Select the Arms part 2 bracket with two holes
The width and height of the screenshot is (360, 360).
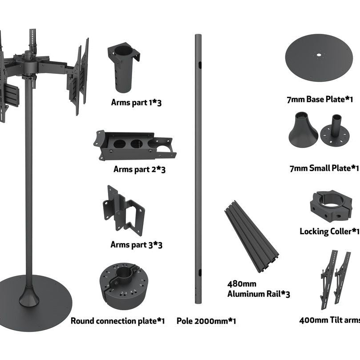(133, 145)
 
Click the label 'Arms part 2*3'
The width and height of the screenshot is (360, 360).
(139, 169)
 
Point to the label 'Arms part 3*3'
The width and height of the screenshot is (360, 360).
(136, 245)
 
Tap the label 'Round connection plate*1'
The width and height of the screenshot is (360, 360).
(117, 321)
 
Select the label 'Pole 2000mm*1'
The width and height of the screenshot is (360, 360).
(206, 321)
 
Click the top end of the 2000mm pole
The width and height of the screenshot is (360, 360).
(198, 36)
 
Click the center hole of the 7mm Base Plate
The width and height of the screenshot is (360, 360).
(318, 56)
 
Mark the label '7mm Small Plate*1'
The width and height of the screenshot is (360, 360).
(323, 168)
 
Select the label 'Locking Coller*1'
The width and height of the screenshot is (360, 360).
(329, 231)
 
